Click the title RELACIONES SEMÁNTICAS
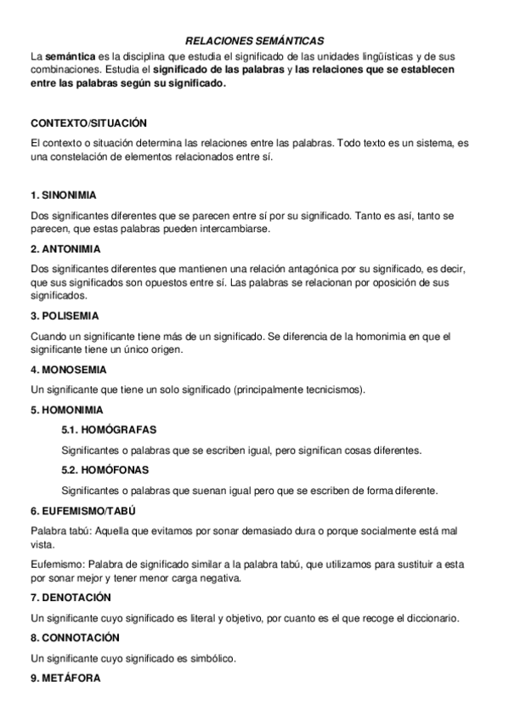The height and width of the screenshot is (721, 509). tap(255, 40)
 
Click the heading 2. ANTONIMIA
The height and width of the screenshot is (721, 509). tap(65, 249)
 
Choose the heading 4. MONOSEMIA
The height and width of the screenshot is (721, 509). tap(68, 370)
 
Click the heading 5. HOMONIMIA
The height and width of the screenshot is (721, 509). tap(66, 409)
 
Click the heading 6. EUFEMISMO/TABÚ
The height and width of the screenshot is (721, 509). tap(82, 511)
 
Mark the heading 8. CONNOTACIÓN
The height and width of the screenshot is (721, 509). tap(74, 637)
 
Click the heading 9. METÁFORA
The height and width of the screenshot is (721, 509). tap(65, 678)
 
